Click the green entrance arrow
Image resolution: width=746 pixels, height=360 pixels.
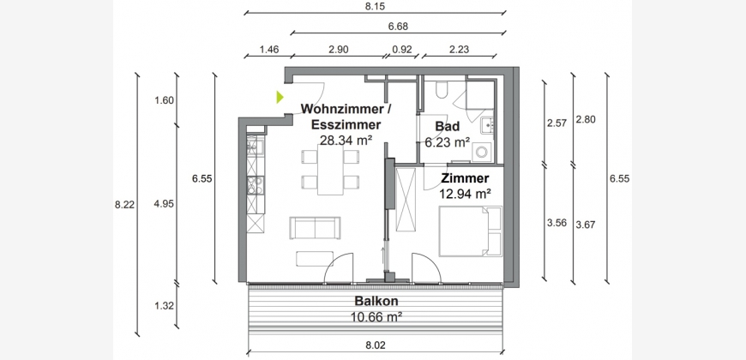pos(280,97)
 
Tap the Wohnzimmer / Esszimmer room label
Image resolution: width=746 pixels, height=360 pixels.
pos(346,117)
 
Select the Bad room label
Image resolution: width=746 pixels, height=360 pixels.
pos(448,127)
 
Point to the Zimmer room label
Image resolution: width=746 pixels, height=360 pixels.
pos(465,178)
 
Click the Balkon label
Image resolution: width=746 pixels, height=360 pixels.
pos(376,301)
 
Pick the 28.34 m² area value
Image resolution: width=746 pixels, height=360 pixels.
pos(346,141)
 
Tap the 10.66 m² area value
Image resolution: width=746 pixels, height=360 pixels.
pos(376,315)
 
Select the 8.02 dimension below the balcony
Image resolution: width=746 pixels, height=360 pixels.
pos(376,345)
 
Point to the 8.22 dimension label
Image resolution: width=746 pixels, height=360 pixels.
pos(124,205)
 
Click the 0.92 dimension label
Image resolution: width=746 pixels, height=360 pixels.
pos(401,49)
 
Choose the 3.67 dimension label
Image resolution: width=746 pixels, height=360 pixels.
pos(585,224)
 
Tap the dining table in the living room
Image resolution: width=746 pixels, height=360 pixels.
pos(331,170)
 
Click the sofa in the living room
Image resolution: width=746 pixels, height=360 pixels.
pos(315,228)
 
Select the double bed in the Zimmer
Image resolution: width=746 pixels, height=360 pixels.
pos(470,231)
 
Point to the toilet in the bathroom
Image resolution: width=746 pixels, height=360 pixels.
pos(441,89)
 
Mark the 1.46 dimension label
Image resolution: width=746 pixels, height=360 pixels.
pos(268,49)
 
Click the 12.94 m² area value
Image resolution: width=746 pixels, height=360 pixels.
pos(465,193)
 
